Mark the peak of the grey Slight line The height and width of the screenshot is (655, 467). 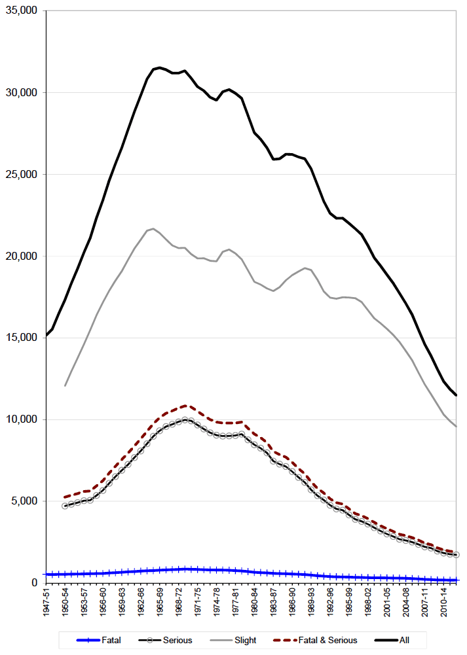(153, 229)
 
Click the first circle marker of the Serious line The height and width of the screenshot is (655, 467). (65, 506)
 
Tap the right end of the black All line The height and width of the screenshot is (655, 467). (456, 395)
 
